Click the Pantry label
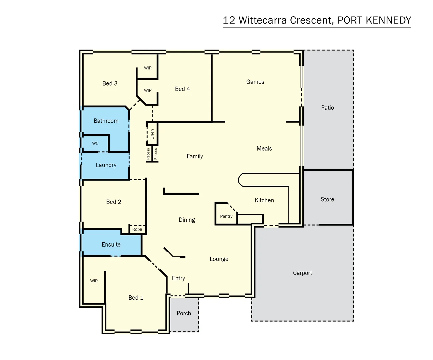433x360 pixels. (226, 216)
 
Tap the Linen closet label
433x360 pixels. (152, 134)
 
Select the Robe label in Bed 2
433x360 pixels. (137, 229)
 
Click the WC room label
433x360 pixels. (95, 144)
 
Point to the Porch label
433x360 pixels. (184, 313)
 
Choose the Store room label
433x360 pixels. (327, 199)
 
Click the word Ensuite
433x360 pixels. (111, 245)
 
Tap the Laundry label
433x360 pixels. (106, 165)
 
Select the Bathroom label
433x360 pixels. (106, 121)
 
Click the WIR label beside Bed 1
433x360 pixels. (94, 281)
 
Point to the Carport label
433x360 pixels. (302, 273)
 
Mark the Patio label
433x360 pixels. (327, 108)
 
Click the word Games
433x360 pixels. (255, 82)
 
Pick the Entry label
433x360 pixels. (178, 278)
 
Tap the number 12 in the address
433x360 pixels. (229, 20)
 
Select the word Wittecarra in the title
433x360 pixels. (262, 20)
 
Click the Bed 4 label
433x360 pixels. (182, 89)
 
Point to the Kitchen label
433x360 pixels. (264, 200)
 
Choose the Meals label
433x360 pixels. (264, 149)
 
